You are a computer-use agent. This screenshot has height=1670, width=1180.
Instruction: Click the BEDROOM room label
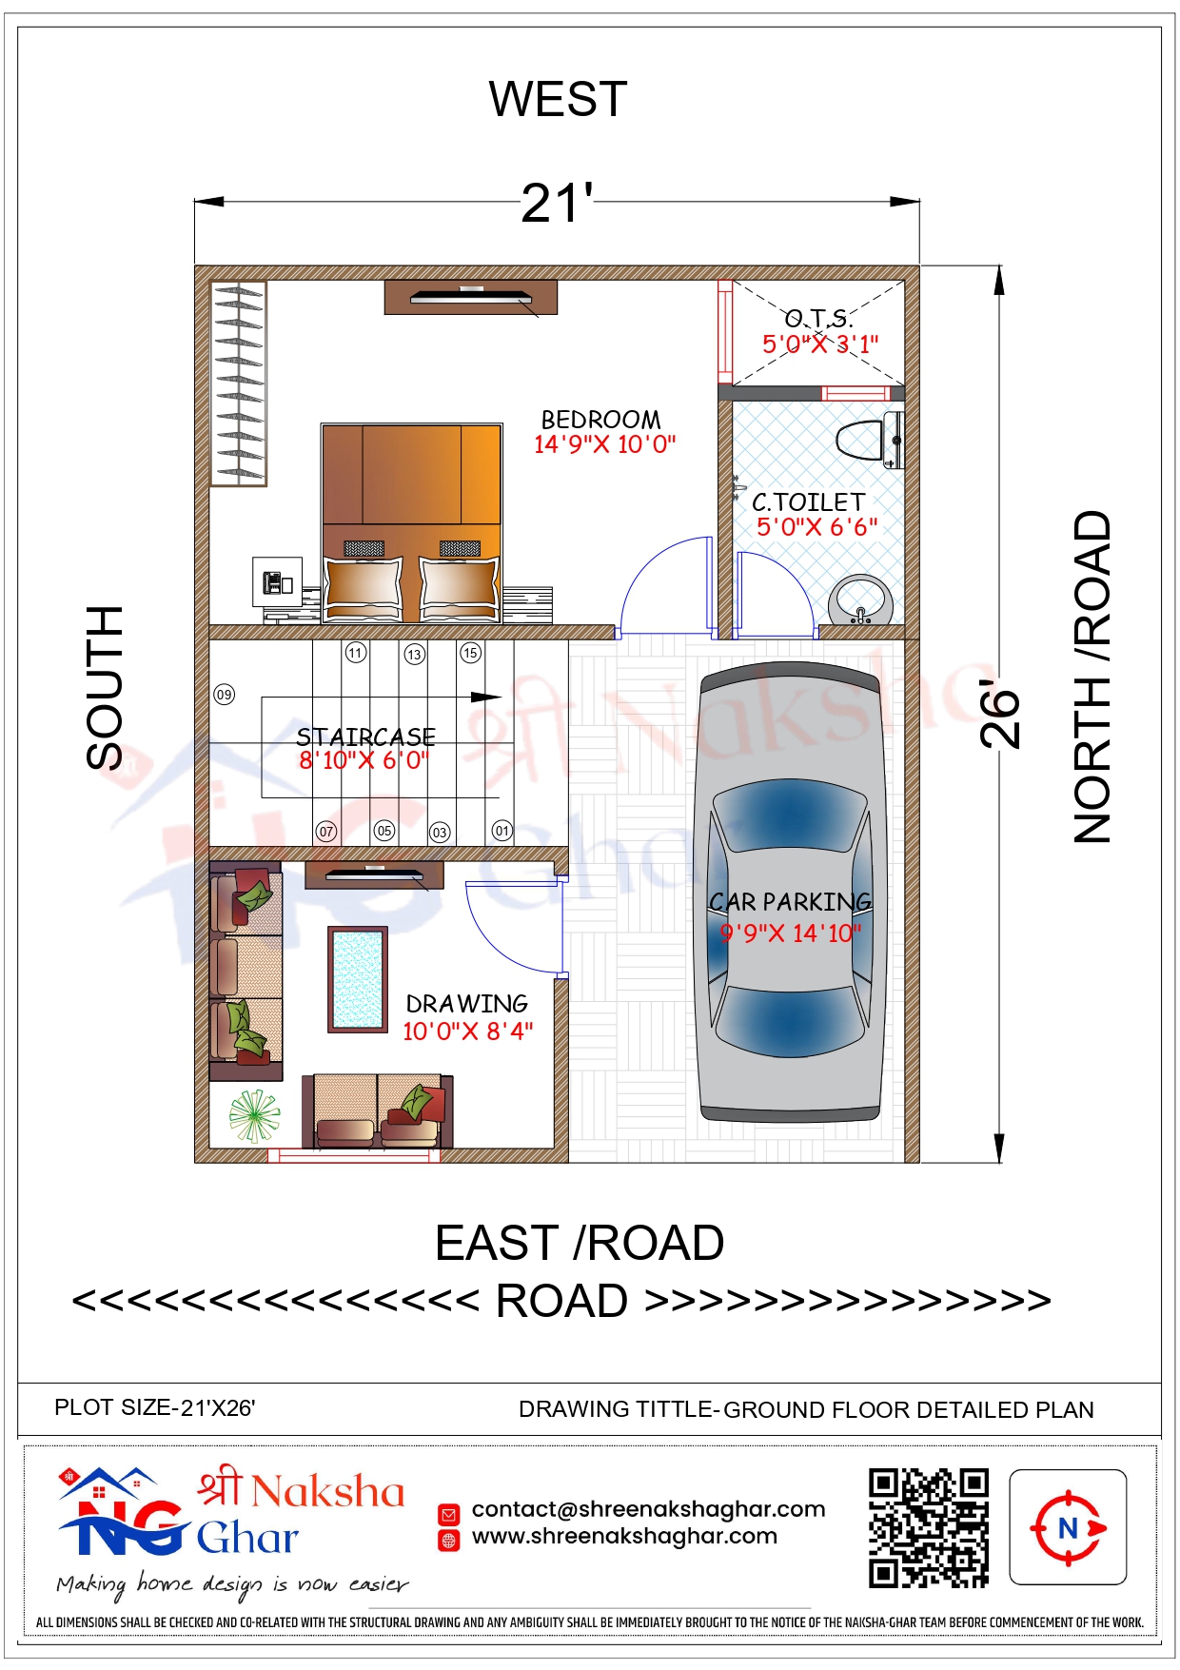600,420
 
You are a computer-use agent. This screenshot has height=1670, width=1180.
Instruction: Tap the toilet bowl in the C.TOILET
869,440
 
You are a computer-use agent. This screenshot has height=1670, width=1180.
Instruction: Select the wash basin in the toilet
860,600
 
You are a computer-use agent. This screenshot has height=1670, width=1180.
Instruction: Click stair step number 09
224,695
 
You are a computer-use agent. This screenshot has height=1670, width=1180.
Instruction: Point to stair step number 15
470,653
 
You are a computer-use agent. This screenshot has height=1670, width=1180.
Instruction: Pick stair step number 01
501,831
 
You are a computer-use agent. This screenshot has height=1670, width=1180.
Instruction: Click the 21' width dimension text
557,204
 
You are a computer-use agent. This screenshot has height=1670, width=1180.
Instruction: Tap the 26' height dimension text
999,714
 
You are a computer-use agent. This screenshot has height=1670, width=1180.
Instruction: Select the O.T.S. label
818,318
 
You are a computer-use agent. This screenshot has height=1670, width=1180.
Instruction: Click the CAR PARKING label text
790,901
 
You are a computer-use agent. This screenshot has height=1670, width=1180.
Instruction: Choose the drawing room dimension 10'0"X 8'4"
467,1031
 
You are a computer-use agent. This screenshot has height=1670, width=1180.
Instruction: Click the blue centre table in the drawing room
358,979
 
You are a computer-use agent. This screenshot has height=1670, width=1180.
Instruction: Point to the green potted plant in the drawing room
254,1115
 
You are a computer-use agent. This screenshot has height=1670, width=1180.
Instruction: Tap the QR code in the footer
928,1528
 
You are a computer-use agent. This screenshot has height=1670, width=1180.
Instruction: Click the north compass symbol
1068,1528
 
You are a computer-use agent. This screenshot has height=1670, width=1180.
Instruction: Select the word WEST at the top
559,99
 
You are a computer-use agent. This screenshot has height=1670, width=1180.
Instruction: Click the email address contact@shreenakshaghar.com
648,1509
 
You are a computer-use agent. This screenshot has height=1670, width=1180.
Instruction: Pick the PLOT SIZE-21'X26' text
155,1407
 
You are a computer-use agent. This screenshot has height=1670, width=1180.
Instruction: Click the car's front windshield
790,815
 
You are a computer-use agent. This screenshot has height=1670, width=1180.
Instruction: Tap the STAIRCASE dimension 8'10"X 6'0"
364,760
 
